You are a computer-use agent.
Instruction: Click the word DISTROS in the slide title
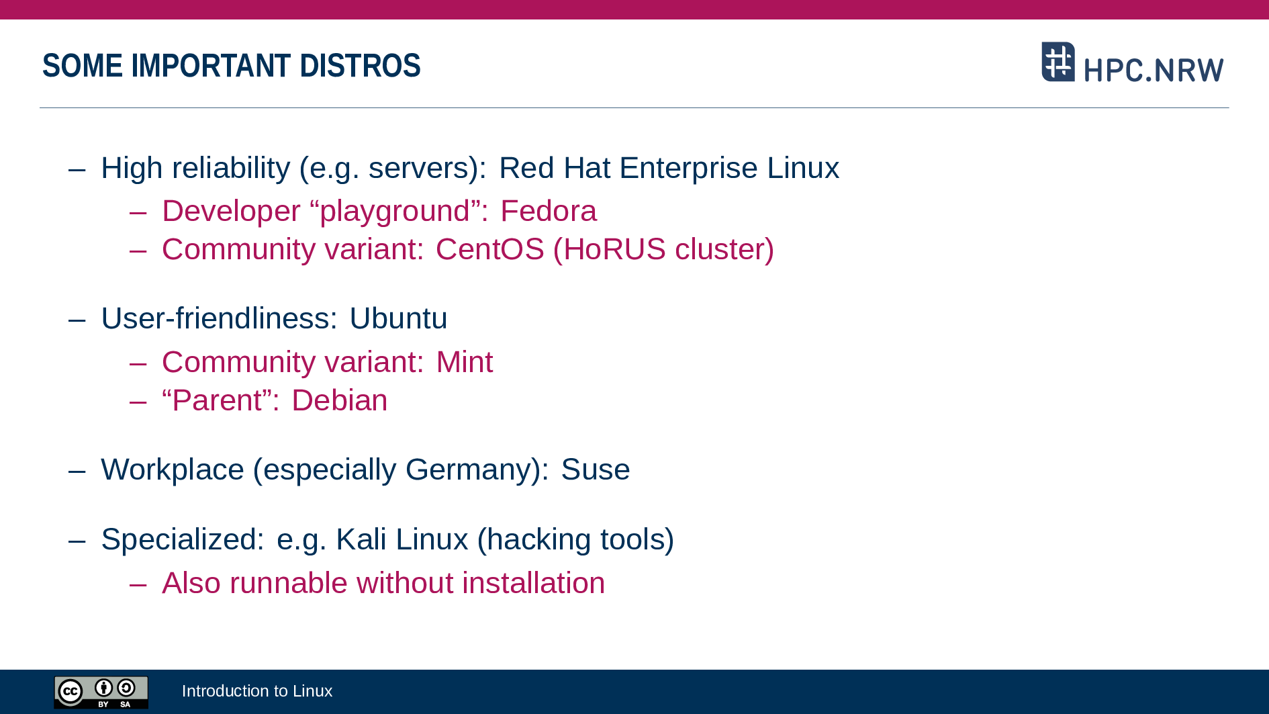click(360, 66)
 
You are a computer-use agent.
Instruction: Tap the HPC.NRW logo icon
click(1058, 62)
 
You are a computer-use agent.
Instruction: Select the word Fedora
click(549, 211)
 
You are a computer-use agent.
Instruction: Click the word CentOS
click(490, 249)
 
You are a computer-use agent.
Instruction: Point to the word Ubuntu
click(398, 318)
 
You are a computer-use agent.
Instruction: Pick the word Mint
click(465, 362)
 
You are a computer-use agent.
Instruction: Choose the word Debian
click(340, 400)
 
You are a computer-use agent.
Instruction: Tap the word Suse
click(596, 470)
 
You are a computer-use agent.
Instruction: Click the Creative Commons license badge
click(101, 693)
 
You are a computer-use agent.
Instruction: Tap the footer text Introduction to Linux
click(257, 691)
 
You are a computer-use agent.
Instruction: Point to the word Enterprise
click(688, 169)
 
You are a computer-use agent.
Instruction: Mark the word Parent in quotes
click(217, 400)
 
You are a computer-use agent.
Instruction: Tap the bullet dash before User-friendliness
click(77, 320)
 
